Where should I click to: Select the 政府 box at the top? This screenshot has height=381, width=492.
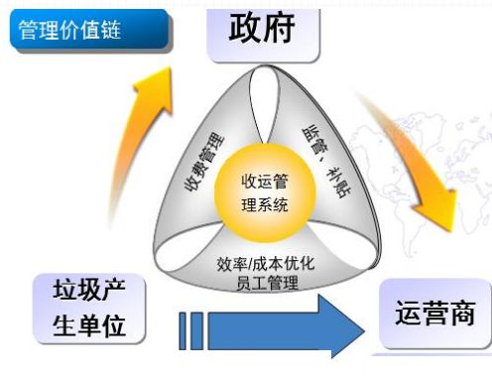coord(266,30)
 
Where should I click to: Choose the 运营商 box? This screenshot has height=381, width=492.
coord(433,315)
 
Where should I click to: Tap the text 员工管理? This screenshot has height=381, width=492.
coord(265,286)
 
